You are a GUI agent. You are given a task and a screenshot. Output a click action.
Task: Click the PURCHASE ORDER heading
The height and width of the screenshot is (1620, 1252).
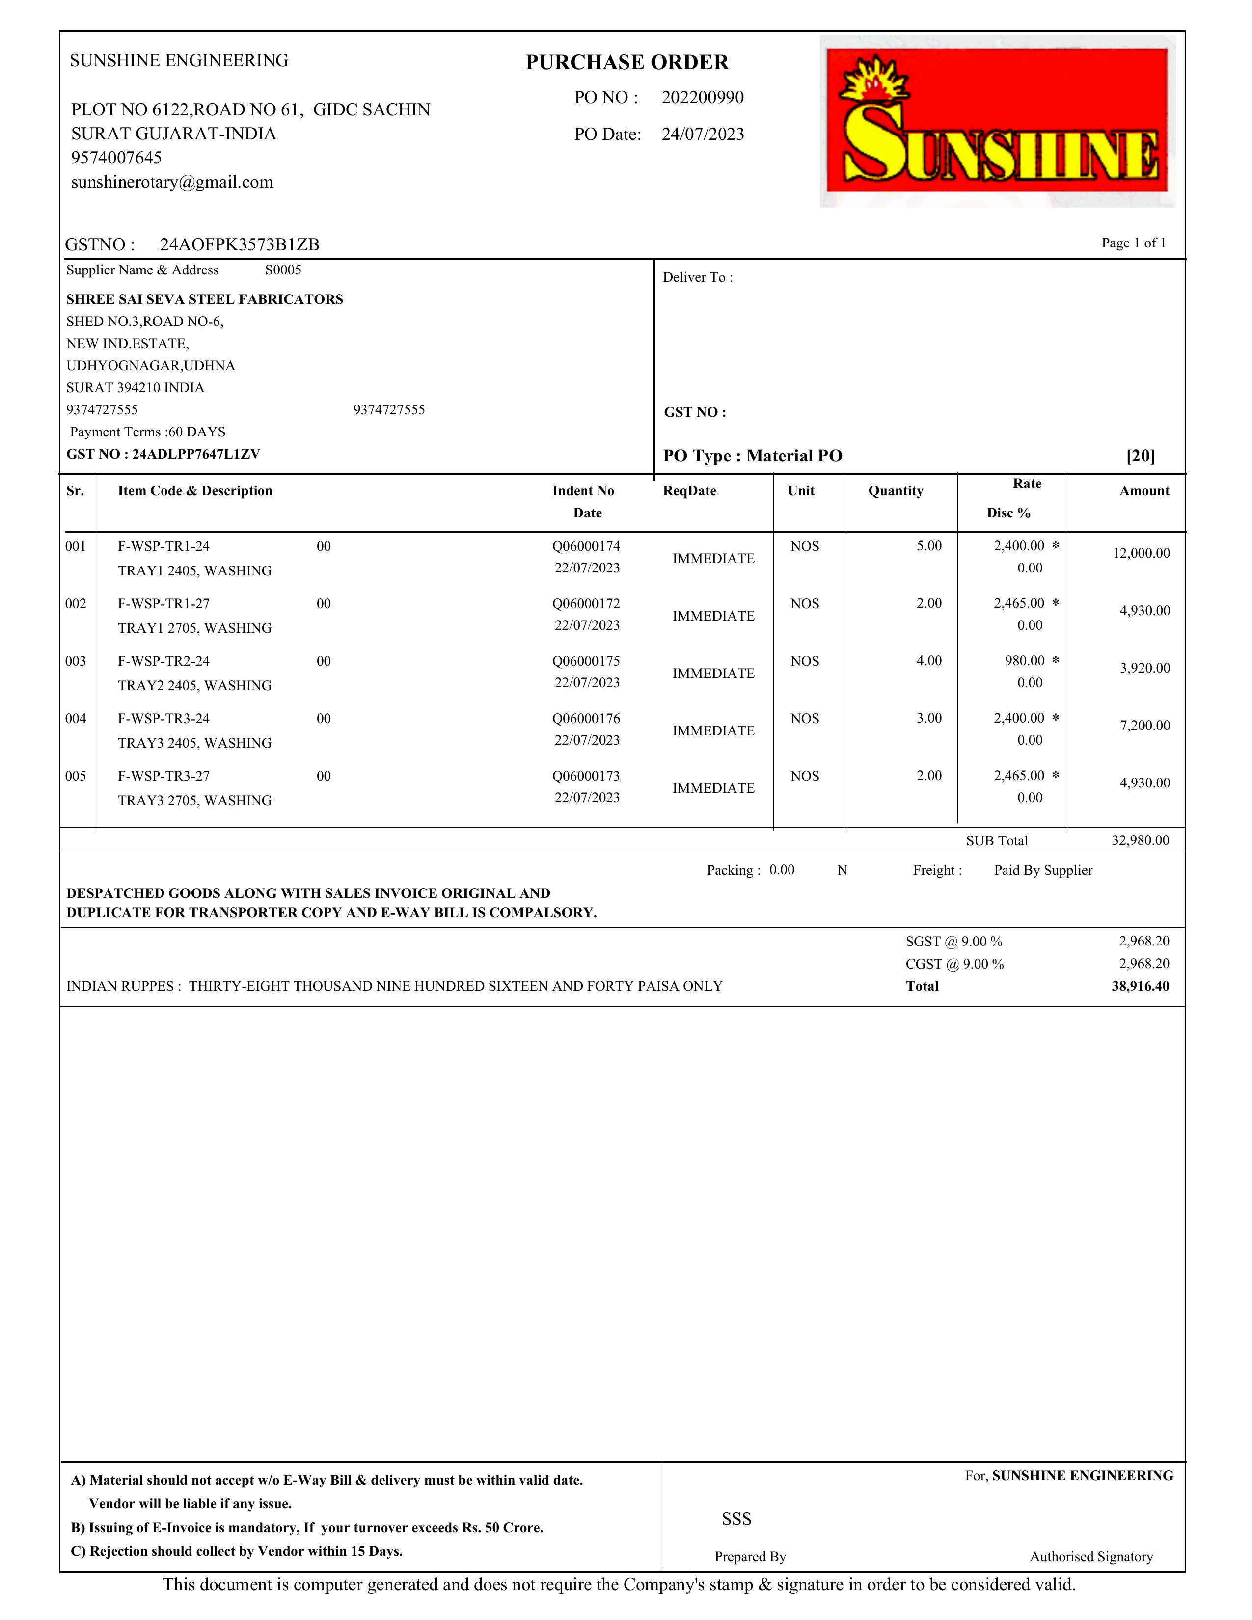pyautogui.click(x=627, y=62)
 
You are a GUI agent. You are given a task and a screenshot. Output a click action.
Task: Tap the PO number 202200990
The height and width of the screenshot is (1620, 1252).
pyautogui.click(x=703, y=97)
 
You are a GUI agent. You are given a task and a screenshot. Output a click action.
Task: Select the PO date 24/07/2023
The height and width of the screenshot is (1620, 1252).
pyautogui.click(x=703, y=134)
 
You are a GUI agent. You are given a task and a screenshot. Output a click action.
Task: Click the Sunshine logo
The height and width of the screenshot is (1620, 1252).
pyautogui.click(x=997, y=121)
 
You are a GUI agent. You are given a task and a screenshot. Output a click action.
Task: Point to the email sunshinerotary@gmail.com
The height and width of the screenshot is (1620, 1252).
pyautogui.click(x=172, y=182)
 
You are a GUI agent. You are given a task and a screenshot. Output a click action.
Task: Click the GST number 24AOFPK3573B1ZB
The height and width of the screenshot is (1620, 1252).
pyautogui.click(x=240, y=245)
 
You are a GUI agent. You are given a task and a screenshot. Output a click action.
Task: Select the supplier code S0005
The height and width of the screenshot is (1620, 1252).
pyautogui.click(x=283, y=270)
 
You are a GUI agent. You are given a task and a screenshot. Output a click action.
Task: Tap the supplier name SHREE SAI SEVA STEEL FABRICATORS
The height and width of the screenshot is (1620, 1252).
pyautogui.click(x=205, y=299)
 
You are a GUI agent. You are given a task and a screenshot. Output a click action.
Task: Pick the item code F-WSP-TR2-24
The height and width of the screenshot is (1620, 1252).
pyautogui.click(x=164, y=661)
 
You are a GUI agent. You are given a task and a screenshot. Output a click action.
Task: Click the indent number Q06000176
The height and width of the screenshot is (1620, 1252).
pyautogui.click(x=586, y=718)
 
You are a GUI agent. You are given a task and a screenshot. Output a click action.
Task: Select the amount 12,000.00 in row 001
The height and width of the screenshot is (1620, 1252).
pyautogui.click(x=1141, y=553)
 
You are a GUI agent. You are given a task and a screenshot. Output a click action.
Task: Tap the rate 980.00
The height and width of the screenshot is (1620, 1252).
pyautogui.click(x=1024, y=660)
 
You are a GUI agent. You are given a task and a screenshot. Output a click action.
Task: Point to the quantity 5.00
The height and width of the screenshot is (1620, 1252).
pyautogui.click(x=928, y=546)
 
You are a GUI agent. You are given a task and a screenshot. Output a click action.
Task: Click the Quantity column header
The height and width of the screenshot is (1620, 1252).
pyautogui.click(x=895, y=491)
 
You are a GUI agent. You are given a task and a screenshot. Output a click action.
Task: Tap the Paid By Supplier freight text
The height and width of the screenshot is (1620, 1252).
pyautogui.click(x=1043, y=870)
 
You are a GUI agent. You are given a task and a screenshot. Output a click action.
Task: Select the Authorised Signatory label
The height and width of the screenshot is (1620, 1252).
pyautogui.click(x=1090, y=1556)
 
